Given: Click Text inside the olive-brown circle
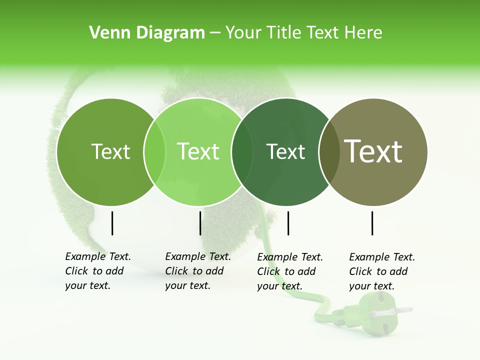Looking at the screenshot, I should [373, 151].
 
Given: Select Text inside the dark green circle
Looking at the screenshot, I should [285, 152].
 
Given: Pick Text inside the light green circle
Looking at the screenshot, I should [198, 151].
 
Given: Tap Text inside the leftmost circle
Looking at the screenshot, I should [110, 152].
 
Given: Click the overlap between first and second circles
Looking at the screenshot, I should [154, 152].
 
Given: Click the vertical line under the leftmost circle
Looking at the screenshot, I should [112, 223].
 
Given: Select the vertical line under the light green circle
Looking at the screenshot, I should [200, 223].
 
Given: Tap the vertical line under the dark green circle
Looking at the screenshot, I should [288, 223].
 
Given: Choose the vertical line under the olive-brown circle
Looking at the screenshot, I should [372, 223].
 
